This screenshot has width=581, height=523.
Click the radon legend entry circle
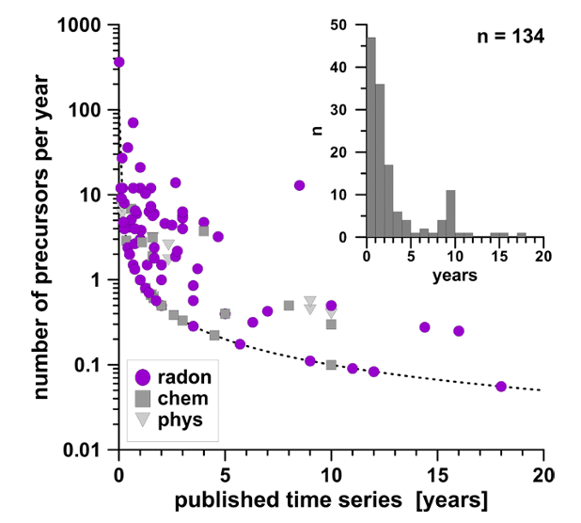coord(143,377)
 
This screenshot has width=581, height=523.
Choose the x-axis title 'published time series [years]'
coord(329,496)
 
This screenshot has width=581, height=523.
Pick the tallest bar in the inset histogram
coord(370,137)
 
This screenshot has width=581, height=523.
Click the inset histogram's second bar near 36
coord(380,161)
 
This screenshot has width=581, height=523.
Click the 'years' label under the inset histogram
coord(455,277)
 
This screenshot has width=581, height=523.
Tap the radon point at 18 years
coord(501,387)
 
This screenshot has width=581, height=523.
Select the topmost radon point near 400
coord(118,62)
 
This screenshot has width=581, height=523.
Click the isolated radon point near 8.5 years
coord(299,185)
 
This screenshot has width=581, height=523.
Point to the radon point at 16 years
coord(459,330)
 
